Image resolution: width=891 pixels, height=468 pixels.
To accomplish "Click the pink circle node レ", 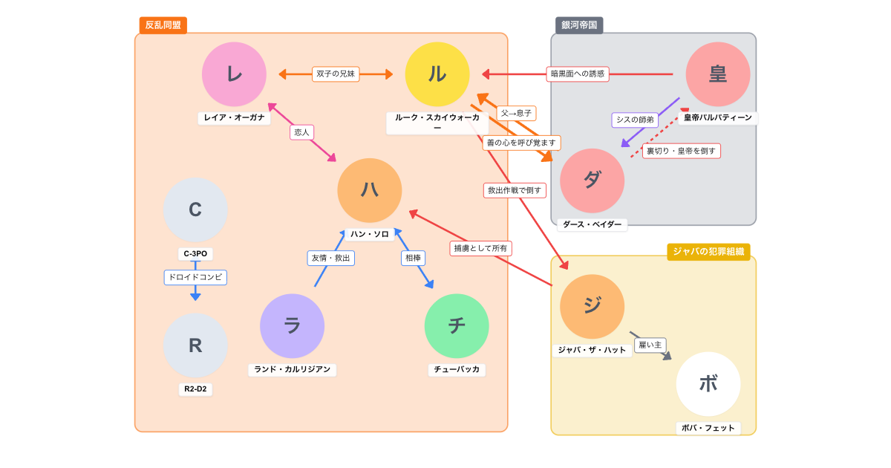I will (x=234, y=74).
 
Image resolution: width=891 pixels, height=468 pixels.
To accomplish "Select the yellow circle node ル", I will (x=437, y=74).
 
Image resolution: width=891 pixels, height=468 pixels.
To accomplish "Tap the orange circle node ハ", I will (x=370, y=190).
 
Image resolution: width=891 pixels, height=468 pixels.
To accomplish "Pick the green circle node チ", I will (x=457, y=326).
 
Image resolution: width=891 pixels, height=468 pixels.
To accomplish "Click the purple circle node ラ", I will (x=292, y=326).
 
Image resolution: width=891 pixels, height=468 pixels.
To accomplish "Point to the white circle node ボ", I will (x=708, y=383).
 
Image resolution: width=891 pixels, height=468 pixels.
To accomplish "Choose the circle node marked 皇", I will (x=718, y=74).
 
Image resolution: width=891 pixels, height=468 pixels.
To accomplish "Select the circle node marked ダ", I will (x=593, y=181).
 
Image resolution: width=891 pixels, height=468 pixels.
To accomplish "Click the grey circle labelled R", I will (x=195, y=345).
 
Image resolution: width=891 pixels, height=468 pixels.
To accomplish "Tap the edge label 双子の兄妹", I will (x=336, y=74).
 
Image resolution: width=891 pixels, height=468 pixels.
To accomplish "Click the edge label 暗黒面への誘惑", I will (x=578, y=74).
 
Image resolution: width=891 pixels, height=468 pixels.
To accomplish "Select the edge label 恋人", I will (x=301, y=132).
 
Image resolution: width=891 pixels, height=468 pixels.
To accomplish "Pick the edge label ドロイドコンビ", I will (x=195, y=277).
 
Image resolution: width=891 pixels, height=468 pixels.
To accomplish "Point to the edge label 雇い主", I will (x=650, y=345).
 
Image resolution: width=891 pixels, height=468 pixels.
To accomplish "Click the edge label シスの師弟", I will (x=636, y=120).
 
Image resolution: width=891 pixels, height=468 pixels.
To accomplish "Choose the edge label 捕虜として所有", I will (x=482, y=248).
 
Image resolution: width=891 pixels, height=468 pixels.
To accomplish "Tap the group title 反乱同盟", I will (x=163, y=25).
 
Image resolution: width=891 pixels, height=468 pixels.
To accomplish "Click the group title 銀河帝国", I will (x=579, y=25).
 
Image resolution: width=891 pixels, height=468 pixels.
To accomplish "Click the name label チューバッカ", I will (x=457, y=369).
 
